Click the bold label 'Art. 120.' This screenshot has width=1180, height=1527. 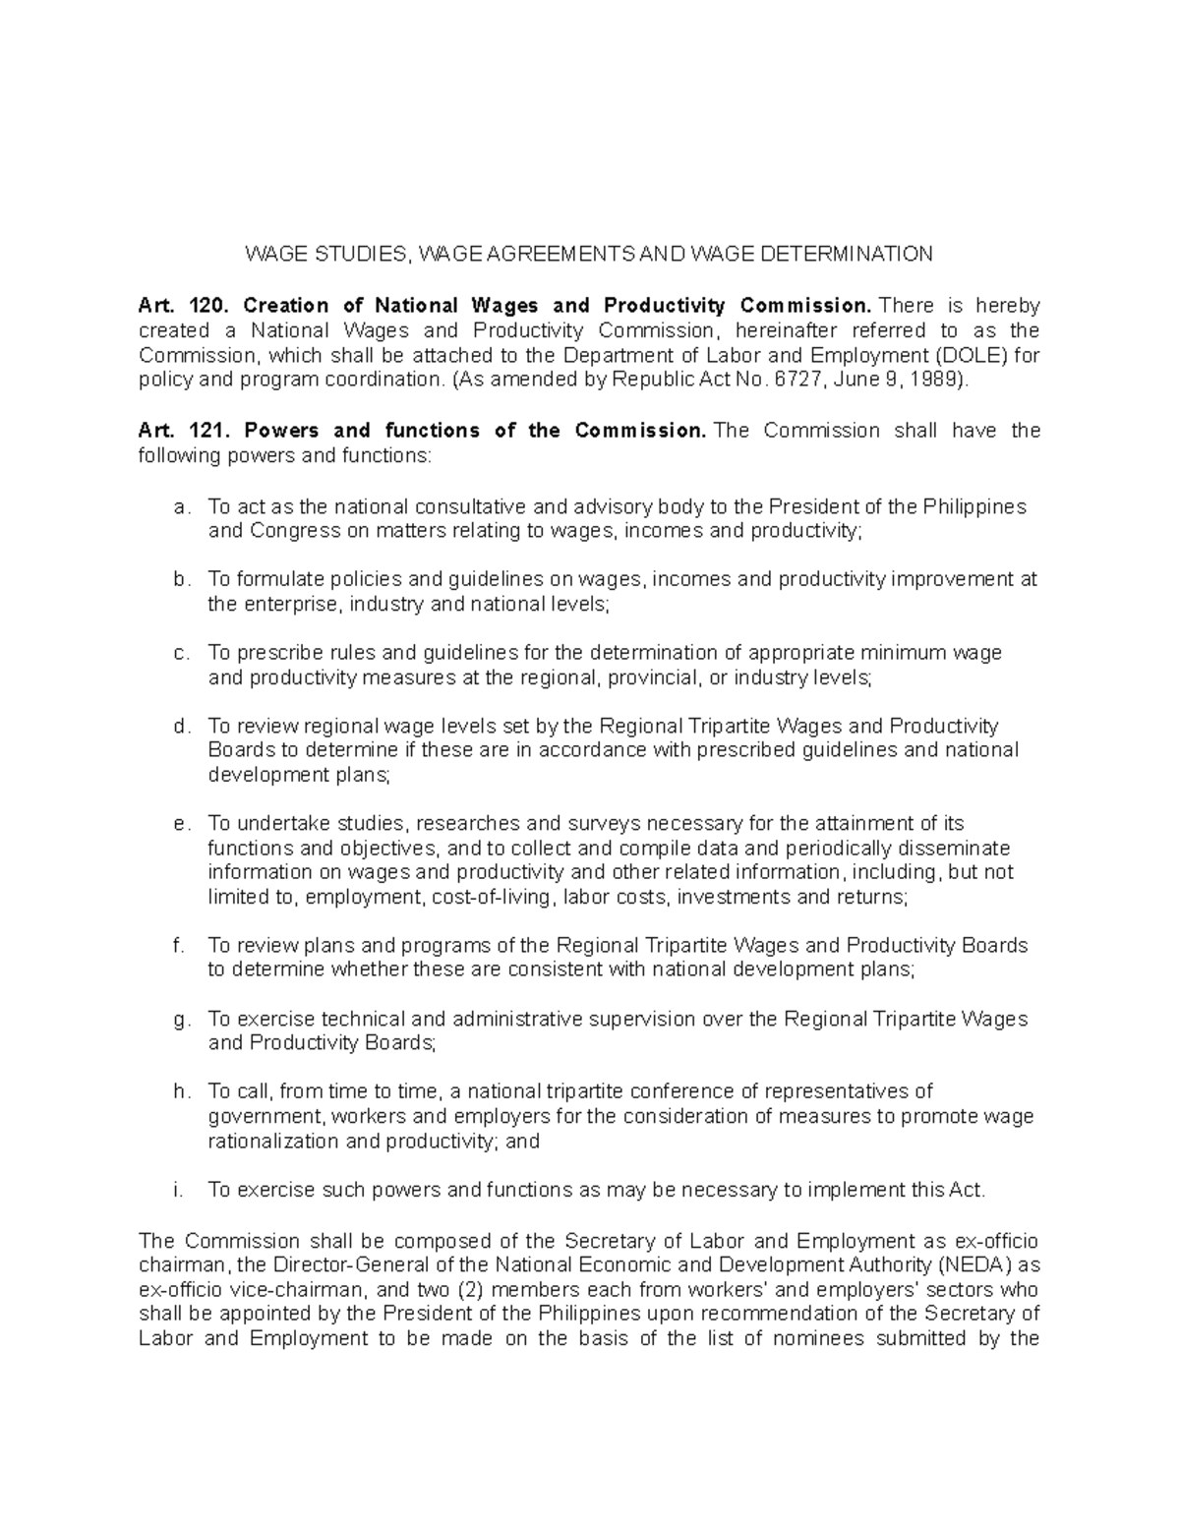[174, 306]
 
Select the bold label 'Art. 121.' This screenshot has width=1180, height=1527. [174, 431]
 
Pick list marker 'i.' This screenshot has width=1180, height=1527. [178, 1190]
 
